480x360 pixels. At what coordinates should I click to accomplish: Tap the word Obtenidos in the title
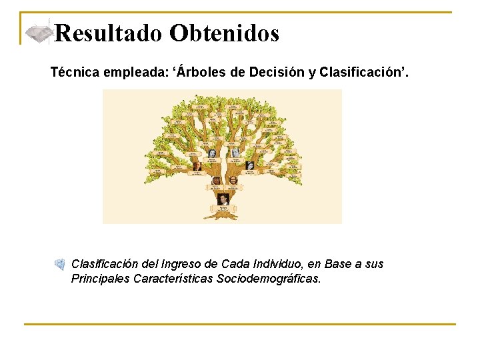pos(224,33)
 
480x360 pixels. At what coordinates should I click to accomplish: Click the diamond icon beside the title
pos(39,33)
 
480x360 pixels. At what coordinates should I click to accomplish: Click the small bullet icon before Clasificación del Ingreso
pos(59,265)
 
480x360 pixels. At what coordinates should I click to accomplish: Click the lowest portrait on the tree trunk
pos(223,199)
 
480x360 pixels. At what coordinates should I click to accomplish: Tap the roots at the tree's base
pos(222,216)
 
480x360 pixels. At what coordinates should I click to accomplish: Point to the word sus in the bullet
pos(375,264)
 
